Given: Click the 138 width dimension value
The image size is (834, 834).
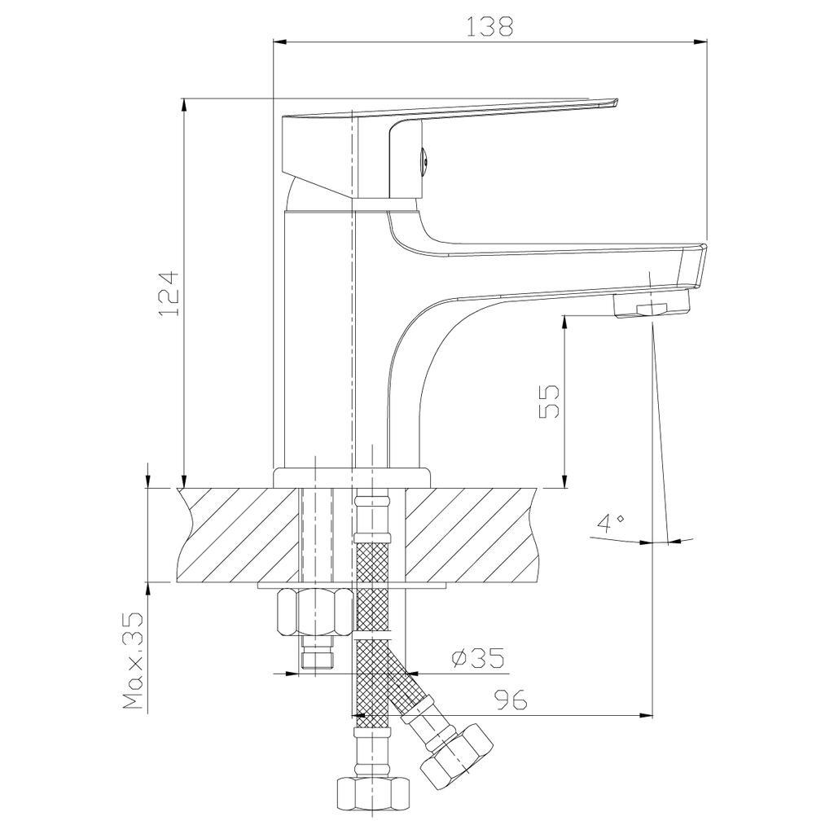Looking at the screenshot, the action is pos(489,27).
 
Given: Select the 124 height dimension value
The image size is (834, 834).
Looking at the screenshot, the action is pos(169,294).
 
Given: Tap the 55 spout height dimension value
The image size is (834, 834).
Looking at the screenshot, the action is pos(550,402).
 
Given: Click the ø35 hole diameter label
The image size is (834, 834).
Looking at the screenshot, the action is pos(476,658).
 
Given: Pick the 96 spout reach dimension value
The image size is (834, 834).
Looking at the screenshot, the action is pos(511,700).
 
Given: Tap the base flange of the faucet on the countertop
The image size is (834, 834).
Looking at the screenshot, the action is pos(351,477).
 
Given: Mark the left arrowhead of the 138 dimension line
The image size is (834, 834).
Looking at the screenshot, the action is pos(280,42).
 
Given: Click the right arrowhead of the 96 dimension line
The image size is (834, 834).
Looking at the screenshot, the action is pos(645,715).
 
